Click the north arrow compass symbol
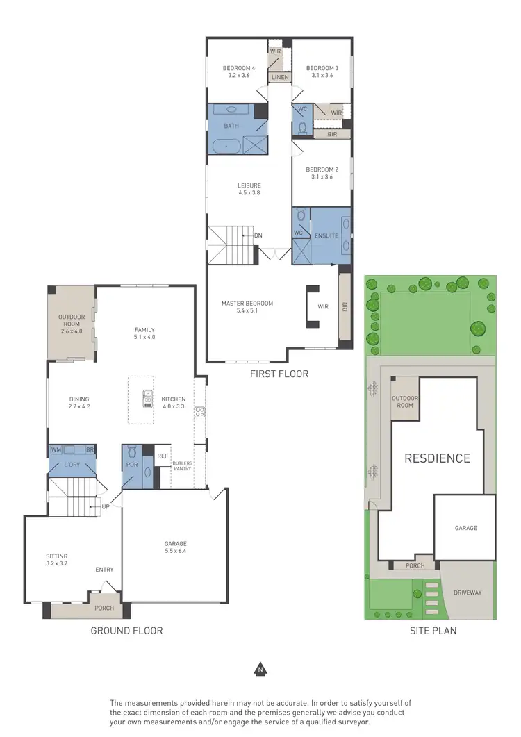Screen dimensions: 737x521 point(260,670)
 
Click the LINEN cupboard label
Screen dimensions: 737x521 point(280,77)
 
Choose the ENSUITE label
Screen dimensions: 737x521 point(325,235)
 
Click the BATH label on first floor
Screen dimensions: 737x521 point(231,126)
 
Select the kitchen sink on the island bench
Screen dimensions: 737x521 point(147,399)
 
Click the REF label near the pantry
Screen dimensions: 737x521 point(162,456)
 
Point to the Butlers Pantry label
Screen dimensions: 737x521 point(183,466)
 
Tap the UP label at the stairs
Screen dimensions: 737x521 point(106,506)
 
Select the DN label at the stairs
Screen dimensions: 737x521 point(258,235)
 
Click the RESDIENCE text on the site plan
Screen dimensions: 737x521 point(438,458)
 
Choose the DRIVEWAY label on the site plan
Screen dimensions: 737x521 point(468,593)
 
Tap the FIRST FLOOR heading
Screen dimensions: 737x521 point(279,374)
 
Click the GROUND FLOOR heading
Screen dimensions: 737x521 point(126,631)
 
